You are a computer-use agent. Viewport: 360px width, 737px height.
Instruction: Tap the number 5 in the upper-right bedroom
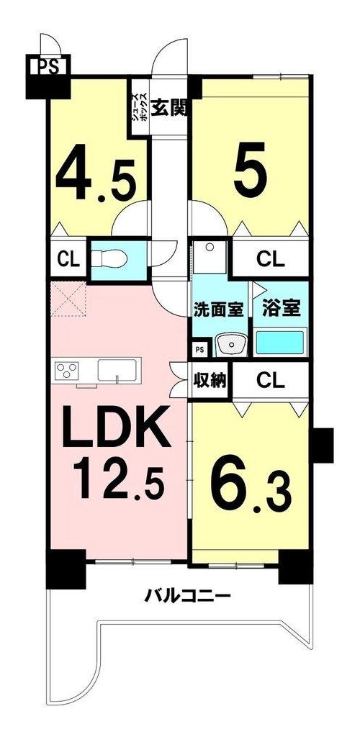(251, 170)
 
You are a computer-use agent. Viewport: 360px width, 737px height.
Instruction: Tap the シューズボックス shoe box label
(140, 108)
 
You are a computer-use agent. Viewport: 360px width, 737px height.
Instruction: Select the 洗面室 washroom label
(219, 310)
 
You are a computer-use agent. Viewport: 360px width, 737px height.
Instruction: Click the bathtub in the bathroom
(280, 343)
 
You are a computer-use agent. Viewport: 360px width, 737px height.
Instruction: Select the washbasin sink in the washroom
(230, 345)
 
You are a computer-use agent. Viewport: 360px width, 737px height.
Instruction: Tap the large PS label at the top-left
(48, 65)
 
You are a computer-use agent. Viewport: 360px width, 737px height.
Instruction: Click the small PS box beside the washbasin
(200, 349)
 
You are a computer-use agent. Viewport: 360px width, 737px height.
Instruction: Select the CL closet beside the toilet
(68, 258)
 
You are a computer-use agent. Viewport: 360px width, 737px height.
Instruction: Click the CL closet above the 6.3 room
(271, 381)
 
